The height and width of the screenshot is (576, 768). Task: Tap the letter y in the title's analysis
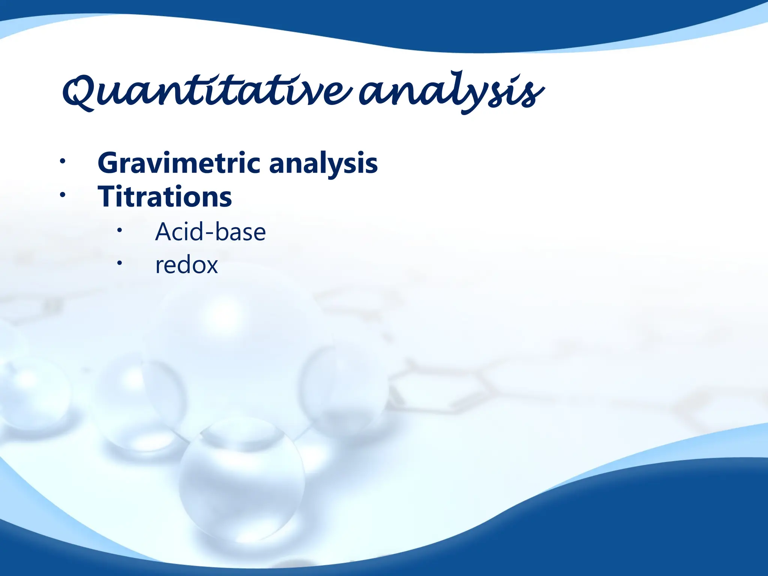475,96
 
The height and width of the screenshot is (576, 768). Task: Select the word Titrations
165,197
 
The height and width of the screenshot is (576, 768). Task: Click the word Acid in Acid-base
179,232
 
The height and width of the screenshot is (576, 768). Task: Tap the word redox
186,265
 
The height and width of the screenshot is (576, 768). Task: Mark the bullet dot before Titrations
63,195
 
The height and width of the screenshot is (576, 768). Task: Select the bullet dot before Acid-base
119,230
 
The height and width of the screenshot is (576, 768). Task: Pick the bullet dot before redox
119,263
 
